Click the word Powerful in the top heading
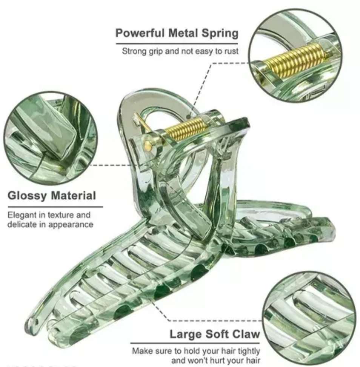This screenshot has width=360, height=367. click(x=140, y=33)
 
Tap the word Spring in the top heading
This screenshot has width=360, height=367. click(x=220, y=34)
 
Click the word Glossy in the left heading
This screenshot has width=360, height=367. click(x=27, y=196)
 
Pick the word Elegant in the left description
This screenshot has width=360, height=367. click(x=22, y=215)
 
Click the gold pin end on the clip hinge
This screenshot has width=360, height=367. click(x=148, y=146)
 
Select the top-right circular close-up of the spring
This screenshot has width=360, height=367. click(x=295, y=56)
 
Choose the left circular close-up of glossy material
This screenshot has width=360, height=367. click(x=50, y=138)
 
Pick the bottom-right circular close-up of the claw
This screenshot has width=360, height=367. click(x=310, y=319)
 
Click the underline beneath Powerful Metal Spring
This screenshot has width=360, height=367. click(x=177, y=43)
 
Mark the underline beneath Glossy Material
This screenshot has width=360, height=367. click(x=55, y=207)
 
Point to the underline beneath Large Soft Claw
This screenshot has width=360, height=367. click(x=195, y=343)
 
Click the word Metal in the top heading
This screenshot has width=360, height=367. click(x=183, y=33)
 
